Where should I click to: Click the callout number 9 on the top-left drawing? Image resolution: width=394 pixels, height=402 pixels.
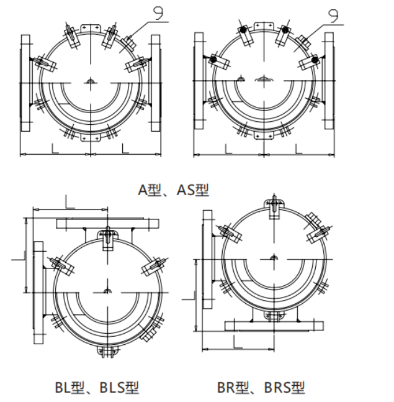click(158, 13)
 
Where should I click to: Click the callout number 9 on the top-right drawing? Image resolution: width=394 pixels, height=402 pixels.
click(333, 16)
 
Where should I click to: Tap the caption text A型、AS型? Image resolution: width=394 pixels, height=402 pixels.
click(173, 190)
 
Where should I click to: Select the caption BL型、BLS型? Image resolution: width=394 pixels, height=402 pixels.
click(97, 387)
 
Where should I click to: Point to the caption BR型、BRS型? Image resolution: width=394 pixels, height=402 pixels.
click(261, 387)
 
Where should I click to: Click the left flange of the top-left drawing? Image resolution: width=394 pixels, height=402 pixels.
click(25, 83)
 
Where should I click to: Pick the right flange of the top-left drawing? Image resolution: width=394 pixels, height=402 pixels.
click(156, 83)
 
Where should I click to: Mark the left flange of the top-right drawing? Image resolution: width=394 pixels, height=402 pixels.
click(199, 81)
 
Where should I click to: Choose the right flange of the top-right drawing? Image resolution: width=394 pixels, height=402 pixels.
click(329, 81)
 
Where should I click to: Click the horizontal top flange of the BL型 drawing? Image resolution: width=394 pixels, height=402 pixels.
click(107, 224)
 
